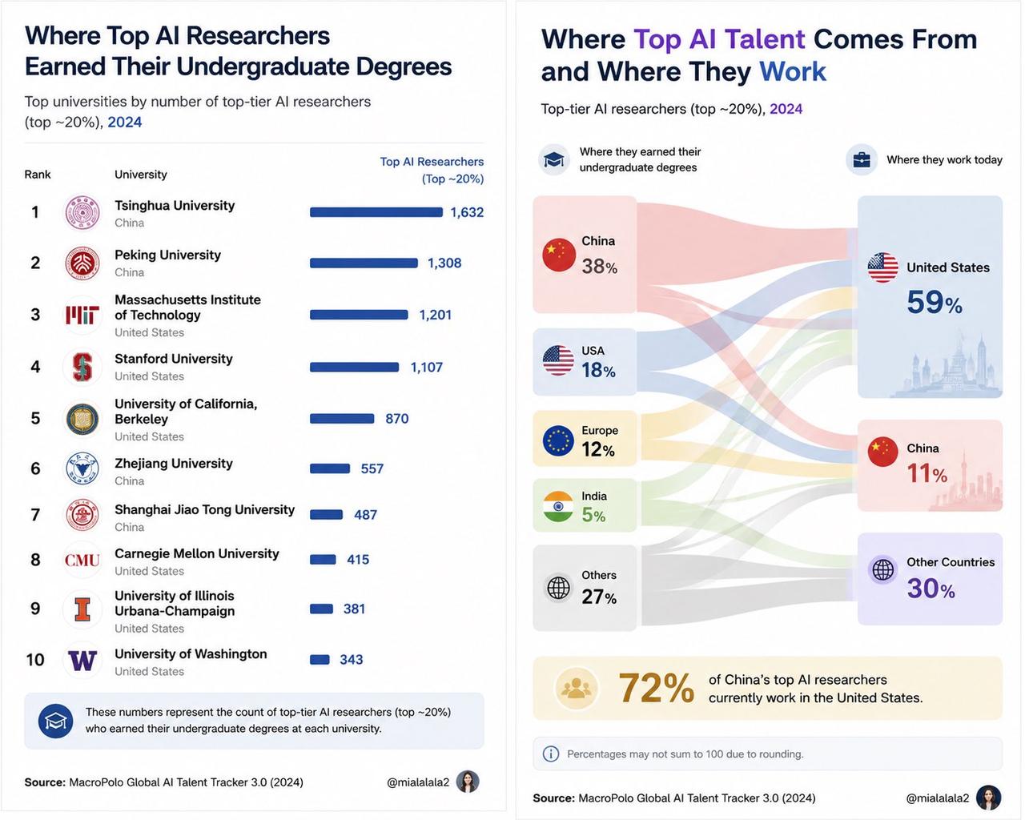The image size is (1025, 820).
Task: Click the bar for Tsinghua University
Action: [376, 212]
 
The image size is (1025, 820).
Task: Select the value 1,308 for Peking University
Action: [444, 263]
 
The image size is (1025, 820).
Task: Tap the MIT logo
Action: [82, 315]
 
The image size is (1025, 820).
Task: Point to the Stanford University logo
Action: [82, 367]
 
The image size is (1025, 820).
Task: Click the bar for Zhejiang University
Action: [330, 468]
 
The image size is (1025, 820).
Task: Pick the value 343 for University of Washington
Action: [351, 659]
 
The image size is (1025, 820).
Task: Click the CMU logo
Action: [82, 560]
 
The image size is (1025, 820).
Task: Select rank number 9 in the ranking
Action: [35, 609]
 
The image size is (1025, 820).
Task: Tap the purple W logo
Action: [82, 661]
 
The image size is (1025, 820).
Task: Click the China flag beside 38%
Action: [559, 255]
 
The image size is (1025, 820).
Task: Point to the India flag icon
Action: [558, 506]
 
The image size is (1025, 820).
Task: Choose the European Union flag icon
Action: [558, 440]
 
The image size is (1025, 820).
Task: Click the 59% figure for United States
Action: [934, 302]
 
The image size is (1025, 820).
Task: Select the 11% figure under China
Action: [927, 473]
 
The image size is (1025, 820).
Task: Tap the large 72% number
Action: [657, 688]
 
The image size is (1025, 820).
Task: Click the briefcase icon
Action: [862, 160]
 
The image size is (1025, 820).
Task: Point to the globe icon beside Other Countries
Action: [883, 569]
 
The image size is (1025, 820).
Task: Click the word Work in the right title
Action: [793, 72]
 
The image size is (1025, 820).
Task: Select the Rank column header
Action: [38, 175]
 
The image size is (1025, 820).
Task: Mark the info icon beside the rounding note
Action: [551, 754]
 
